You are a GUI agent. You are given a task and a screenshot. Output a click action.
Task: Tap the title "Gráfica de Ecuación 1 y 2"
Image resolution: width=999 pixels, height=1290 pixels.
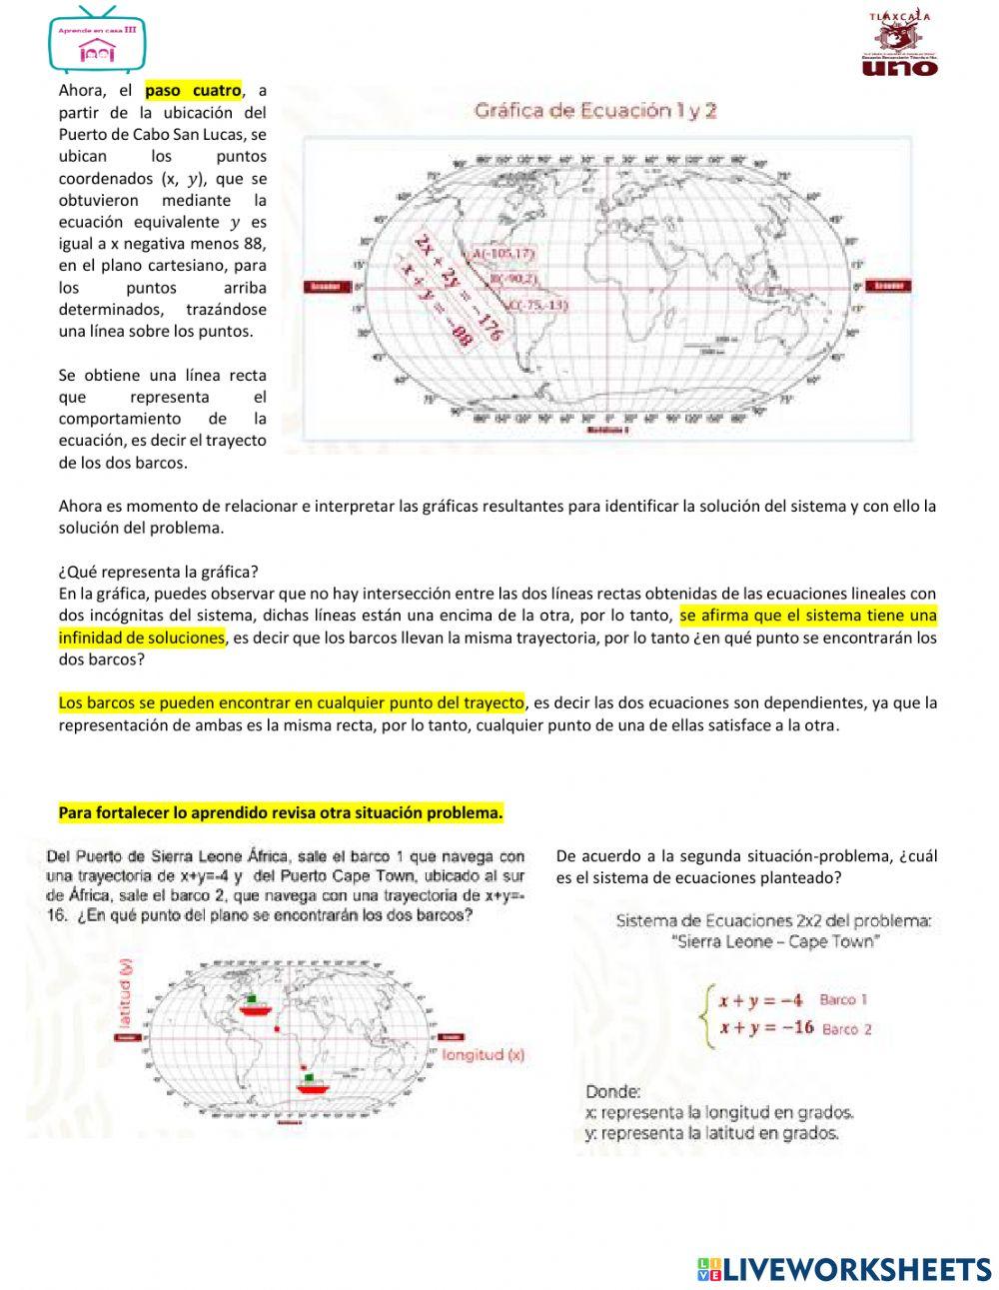[x=595, y=111]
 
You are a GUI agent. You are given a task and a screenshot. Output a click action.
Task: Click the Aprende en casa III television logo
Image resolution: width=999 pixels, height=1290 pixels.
[x=97, y=41]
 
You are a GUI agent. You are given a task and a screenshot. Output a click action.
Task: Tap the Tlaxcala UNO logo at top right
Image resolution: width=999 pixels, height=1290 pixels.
[x=898, y=45]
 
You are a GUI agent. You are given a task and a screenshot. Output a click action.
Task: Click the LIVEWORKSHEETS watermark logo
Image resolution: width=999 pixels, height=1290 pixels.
[x=844, y=1269]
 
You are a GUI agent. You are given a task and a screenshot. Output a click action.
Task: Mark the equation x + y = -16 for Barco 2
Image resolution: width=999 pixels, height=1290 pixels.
[x=766, y=1028]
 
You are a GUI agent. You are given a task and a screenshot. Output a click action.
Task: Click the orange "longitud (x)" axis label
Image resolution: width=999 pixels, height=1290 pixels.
[x=483, y=1054]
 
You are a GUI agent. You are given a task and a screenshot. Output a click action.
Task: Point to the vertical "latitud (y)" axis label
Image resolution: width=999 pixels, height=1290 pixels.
[x=126, y=993]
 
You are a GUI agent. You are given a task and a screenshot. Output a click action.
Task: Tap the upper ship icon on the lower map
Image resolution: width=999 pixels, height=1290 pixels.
[x=256, y=1004]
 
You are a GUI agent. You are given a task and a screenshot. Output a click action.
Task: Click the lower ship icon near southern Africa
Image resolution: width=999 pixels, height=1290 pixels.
[x=312, y=1083]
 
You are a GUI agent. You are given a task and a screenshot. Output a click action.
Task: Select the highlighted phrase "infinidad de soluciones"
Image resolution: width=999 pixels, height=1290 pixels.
[x=141, y=638]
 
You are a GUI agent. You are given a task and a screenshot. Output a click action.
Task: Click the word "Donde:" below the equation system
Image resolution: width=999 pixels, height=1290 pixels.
[x=613, y=1091]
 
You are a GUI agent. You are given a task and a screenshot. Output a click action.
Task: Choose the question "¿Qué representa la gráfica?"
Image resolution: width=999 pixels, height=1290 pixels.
[x=158, y=572]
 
